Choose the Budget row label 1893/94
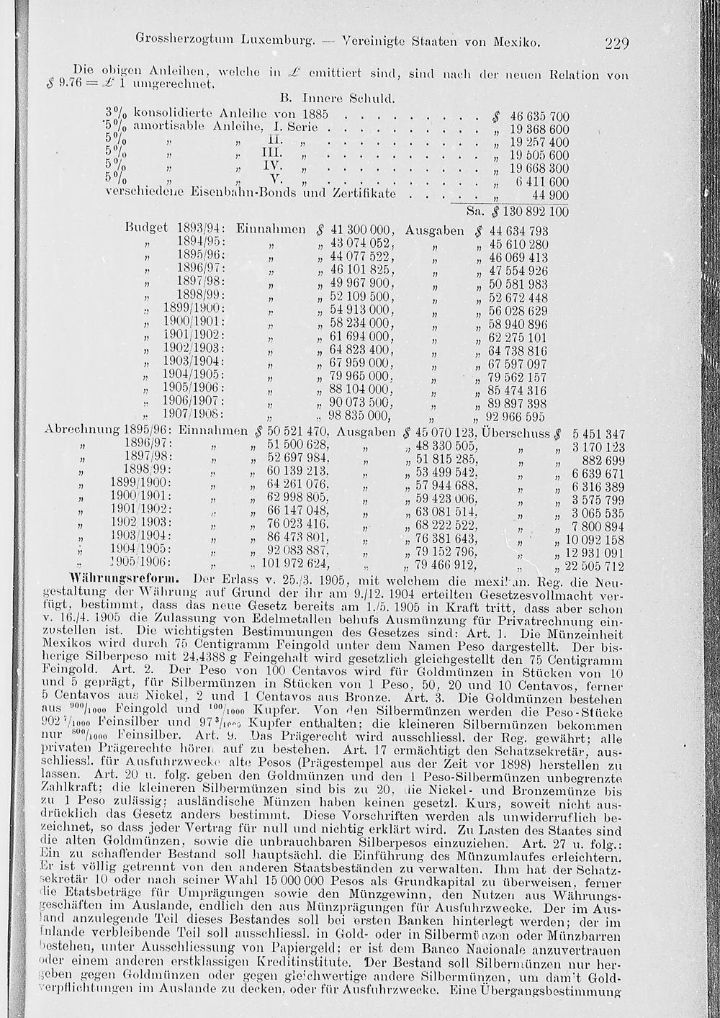point(200,231)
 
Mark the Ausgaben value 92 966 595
point(516,416)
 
